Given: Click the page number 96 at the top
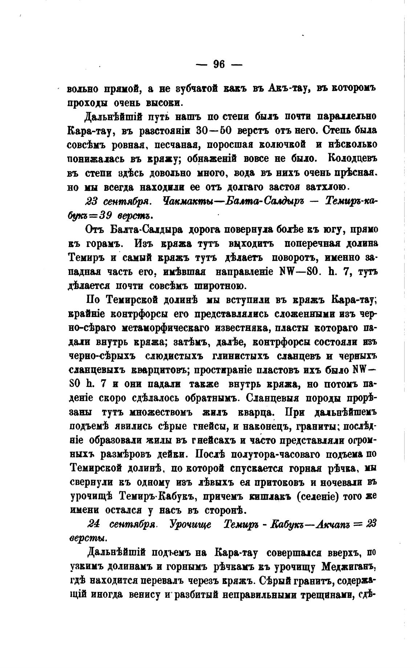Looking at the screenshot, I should (x=219, y=64).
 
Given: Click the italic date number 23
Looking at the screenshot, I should (x=92, y=201).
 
